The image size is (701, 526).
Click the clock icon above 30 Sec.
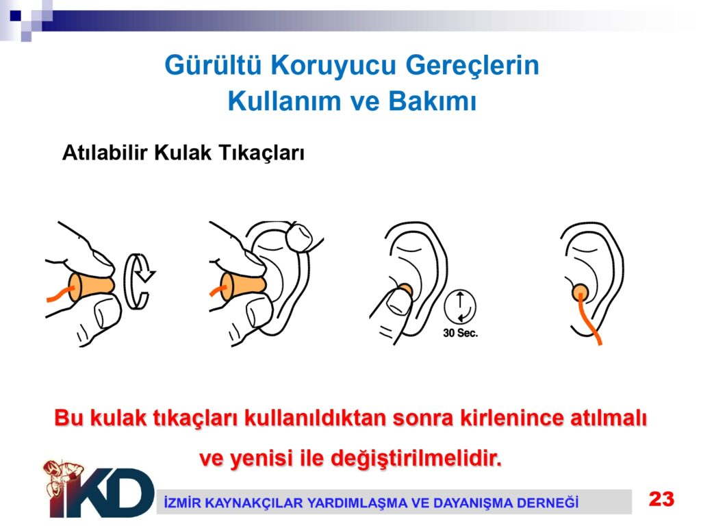coord(460,307)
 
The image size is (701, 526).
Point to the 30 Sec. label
coord(461,334)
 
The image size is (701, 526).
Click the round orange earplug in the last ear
coord(581,292)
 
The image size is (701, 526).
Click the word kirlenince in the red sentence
coord(512,418)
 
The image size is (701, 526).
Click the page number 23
coord(662,499)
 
